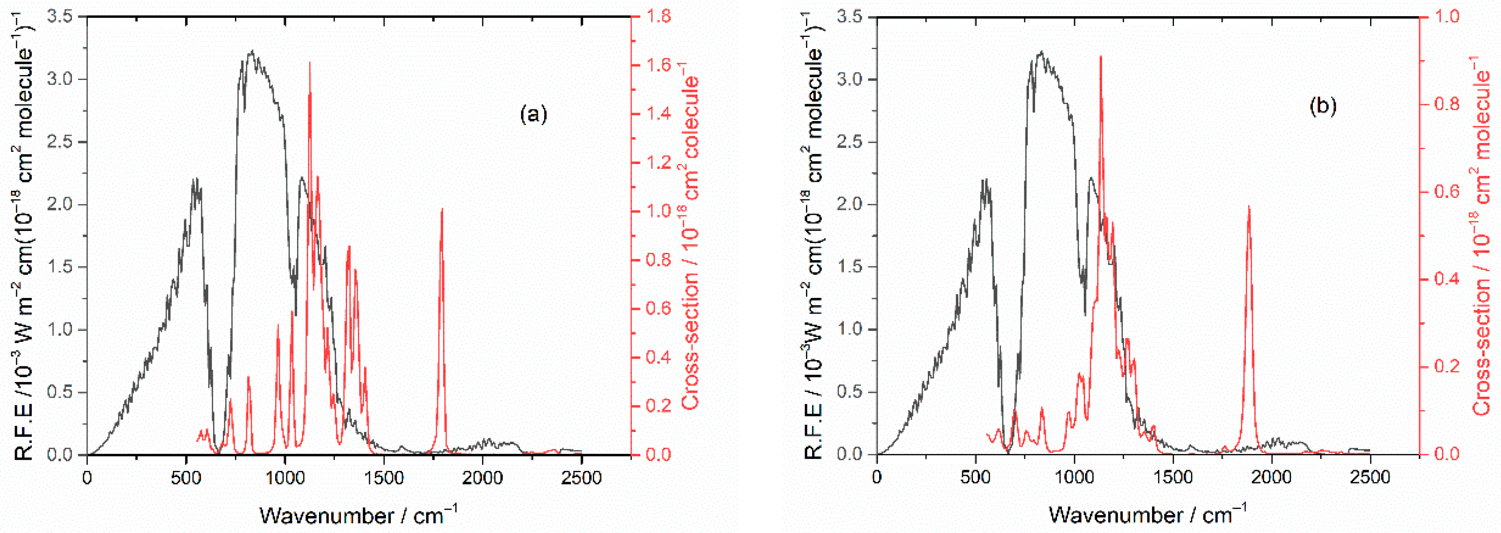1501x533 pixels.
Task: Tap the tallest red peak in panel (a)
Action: click(x=310, y=63)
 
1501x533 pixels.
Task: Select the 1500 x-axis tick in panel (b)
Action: click(x=1173, y=478)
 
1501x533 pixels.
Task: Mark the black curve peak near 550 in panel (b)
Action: click(x=985, y=180)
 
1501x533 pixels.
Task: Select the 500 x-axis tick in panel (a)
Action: click(x=186, y=478)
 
